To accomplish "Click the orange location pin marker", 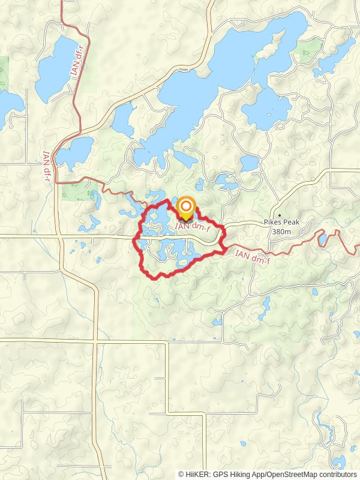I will (x=186, y=208).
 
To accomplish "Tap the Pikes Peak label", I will (x=281, y=222).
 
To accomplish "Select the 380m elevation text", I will (x=281, y=232).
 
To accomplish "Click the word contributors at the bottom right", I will (x=337, y=474).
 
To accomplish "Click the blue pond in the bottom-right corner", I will (x=340, y=462).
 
